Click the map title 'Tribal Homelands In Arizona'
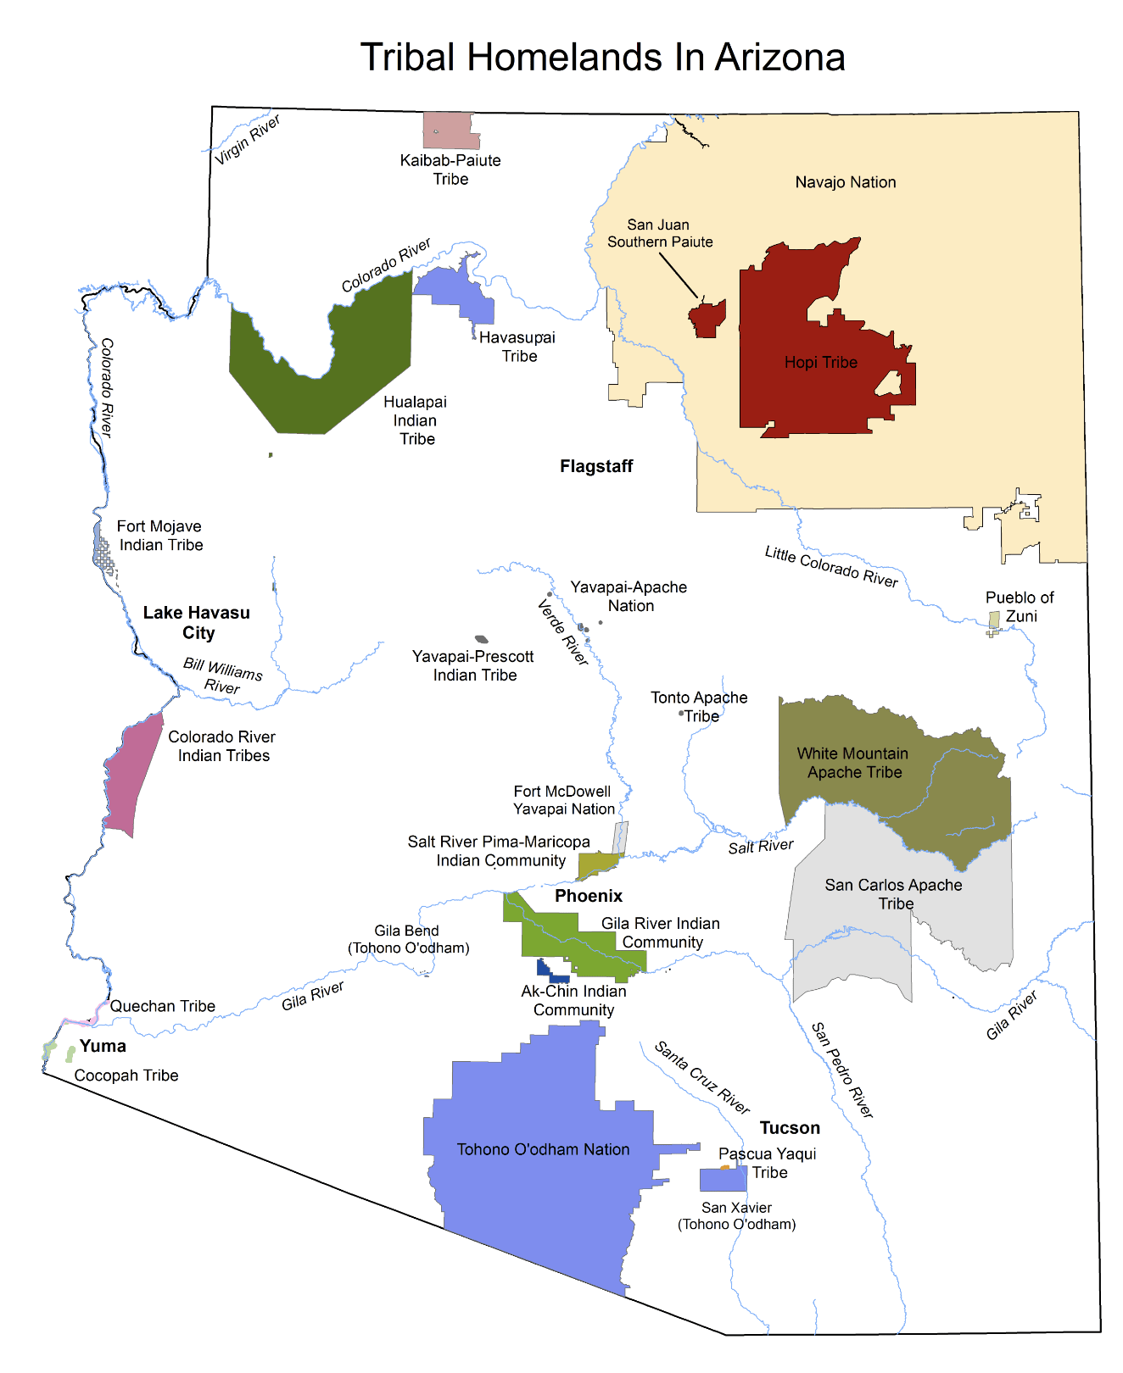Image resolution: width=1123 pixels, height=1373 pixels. coord(602,58)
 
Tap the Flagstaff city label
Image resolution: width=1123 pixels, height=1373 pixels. coord(596,466)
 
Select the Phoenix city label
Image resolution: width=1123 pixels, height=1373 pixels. coord(589,896)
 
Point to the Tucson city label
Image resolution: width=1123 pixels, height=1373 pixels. coord(790,1128)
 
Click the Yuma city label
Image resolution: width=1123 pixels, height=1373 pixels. coord(103,1046)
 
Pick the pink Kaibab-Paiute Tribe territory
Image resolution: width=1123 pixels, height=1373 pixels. coord(450,131)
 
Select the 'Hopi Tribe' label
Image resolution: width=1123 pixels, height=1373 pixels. coord(820,363)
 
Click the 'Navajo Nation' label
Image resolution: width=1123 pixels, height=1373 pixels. coord(846,182)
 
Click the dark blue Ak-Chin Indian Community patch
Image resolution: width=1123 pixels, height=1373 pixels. coord(550,971)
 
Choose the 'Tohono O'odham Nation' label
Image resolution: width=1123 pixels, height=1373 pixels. coord(543,1149)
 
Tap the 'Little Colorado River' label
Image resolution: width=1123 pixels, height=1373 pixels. coord(831,567)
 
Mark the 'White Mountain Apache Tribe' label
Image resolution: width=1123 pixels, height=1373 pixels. coord(853,763)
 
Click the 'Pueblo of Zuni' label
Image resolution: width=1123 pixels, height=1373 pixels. coord(1020,607)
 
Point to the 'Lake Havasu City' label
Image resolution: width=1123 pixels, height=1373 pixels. coord(197,623)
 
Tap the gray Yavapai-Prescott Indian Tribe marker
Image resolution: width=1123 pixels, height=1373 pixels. coord(481,639)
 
